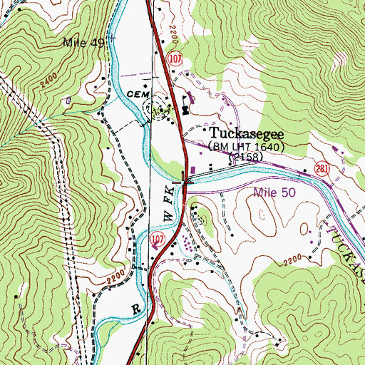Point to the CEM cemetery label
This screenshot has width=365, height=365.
tap(135, 93)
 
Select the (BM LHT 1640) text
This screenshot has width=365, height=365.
tap(246, 146)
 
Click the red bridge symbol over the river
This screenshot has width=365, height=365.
tap(186, 178)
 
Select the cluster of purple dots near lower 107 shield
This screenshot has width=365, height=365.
tap(187, 245)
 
